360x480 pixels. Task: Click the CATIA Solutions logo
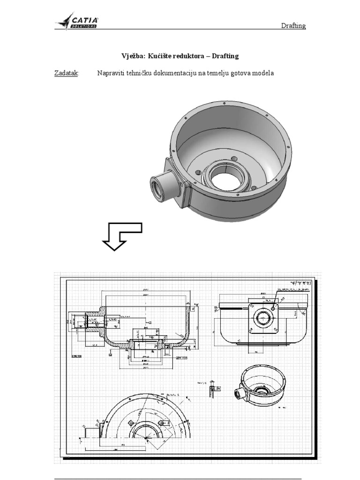click(x=77, y=22)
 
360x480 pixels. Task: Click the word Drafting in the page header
click(x=293, y=26)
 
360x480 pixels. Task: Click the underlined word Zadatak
click(x=67, y=73)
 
